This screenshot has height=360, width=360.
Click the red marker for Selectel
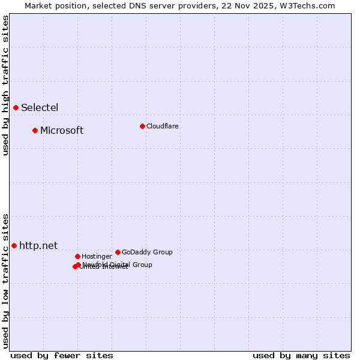[16, 107]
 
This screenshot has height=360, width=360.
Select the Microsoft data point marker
[35, 130]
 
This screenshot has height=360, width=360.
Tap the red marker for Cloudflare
[142, 126]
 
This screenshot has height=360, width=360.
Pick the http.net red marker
[14, 245]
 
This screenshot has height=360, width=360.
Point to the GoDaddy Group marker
[118, 252]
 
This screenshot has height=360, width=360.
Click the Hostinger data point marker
[77, 256]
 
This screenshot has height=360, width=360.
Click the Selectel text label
[40, 108]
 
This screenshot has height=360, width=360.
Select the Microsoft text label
[62, 131]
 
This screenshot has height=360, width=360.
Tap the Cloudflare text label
[163, 127]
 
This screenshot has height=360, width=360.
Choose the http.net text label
[38, 246]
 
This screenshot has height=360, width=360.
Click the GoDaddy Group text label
[147, 253]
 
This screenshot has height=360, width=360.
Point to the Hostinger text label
[97, 257]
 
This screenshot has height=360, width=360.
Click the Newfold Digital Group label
[118, 265]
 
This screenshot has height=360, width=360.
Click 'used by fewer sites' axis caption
[62, 355]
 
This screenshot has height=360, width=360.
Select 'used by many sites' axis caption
[301, 355]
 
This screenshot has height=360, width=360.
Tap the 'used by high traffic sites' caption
[5, 85]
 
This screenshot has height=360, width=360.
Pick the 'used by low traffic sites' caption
[5, 280]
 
